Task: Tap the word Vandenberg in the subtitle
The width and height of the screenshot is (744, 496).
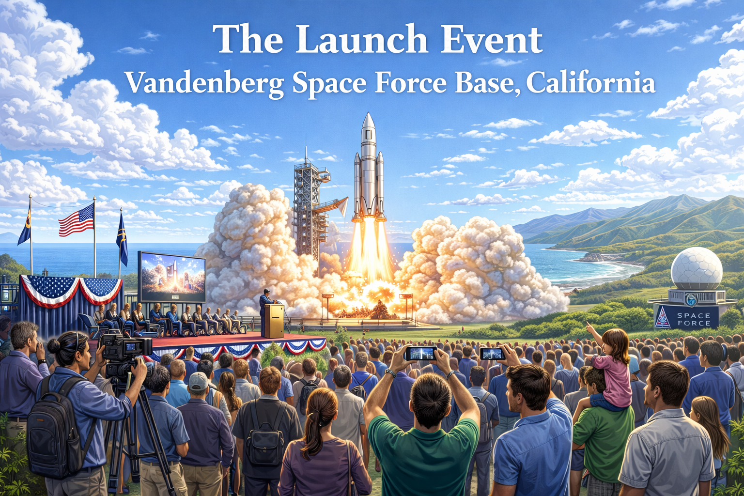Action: (x=204, y=83)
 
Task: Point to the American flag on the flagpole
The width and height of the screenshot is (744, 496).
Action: (x=77, y=220)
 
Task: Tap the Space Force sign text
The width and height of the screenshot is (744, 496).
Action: (x=694, y=319)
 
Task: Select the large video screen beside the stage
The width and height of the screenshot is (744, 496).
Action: (x=172, y=277)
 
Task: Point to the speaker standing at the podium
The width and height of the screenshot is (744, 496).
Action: (x=265, y=305)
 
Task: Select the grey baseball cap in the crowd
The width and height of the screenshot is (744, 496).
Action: (x=198, y=381)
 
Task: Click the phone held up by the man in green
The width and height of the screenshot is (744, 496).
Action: (x=420, y=353)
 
